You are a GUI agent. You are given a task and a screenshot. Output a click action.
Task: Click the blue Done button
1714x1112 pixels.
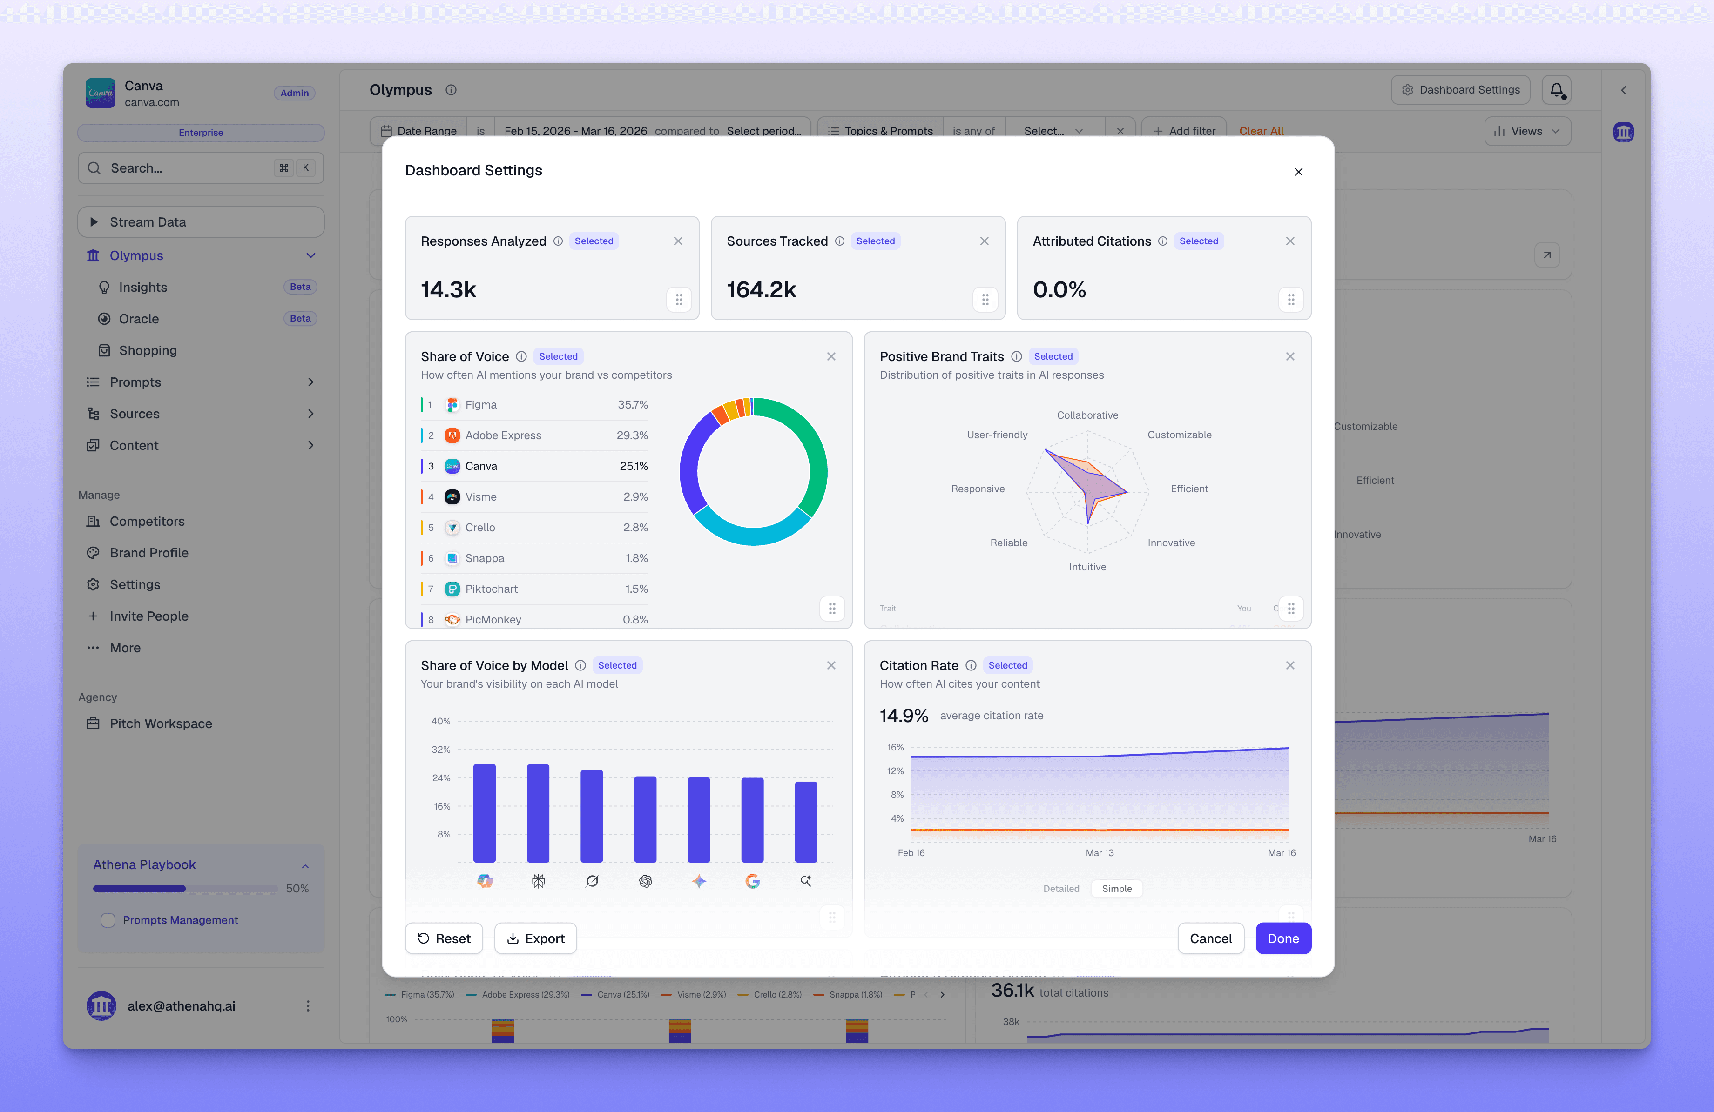(1282, 938)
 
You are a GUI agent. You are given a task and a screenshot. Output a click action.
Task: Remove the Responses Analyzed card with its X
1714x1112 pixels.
(678, 241)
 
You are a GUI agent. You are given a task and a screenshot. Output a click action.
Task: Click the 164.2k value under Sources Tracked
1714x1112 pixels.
(761, 289)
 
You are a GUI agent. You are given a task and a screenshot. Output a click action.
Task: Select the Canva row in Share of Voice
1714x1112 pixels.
(534, 466)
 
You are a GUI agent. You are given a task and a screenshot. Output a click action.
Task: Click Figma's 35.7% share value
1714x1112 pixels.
(632, 404)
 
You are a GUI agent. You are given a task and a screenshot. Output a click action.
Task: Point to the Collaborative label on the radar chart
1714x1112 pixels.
(1087, 415)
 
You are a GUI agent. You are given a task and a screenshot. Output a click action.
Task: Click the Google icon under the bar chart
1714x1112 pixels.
(752, 881)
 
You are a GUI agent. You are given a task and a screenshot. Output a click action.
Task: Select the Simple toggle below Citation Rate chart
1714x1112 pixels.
(1116, 888)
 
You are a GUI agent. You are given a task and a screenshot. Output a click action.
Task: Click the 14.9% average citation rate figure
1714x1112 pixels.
(904, 716)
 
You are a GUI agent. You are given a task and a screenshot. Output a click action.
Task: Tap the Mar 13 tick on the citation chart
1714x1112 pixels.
(1099, 853)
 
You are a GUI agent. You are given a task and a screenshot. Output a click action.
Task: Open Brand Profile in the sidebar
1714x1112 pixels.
(149, 553)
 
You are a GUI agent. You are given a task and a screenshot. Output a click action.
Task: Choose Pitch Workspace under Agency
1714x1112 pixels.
(161, 723)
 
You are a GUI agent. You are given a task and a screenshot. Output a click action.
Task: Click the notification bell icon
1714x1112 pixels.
(1556, 90)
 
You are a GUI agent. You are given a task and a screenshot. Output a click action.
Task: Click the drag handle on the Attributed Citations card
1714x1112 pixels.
(1290, 300)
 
